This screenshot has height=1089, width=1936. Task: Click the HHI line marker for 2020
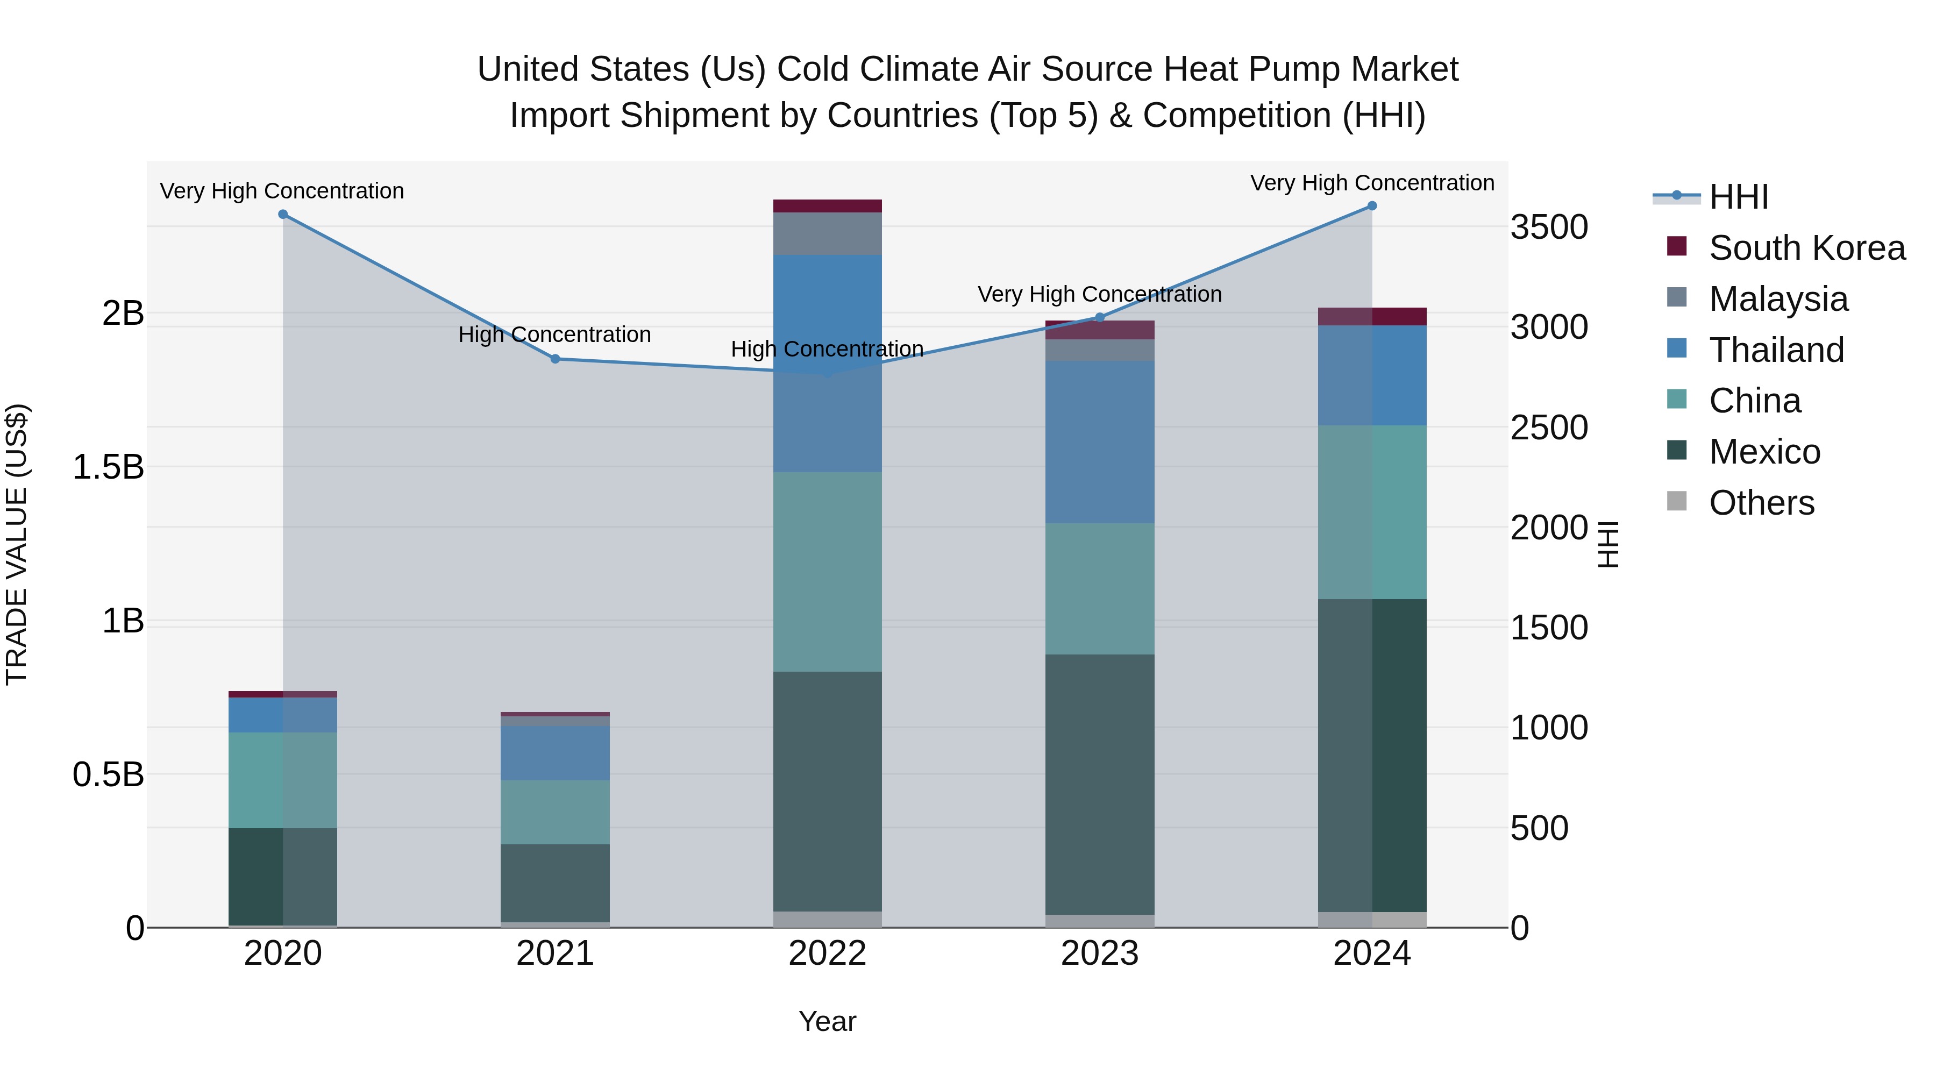click(282, 214)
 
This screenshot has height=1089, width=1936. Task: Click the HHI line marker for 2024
click(1371, 206)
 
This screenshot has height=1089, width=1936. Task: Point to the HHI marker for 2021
click(556, 359)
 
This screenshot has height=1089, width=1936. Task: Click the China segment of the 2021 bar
click(556, 812)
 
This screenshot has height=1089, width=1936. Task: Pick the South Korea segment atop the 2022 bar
click(828, 206)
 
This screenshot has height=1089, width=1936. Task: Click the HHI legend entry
click(1738, 197)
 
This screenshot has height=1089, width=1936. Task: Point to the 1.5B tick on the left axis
click(108, 467)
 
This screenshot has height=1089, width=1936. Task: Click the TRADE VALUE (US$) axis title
click(17, 544)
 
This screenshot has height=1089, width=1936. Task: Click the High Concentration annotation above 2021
click(554, 334)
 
